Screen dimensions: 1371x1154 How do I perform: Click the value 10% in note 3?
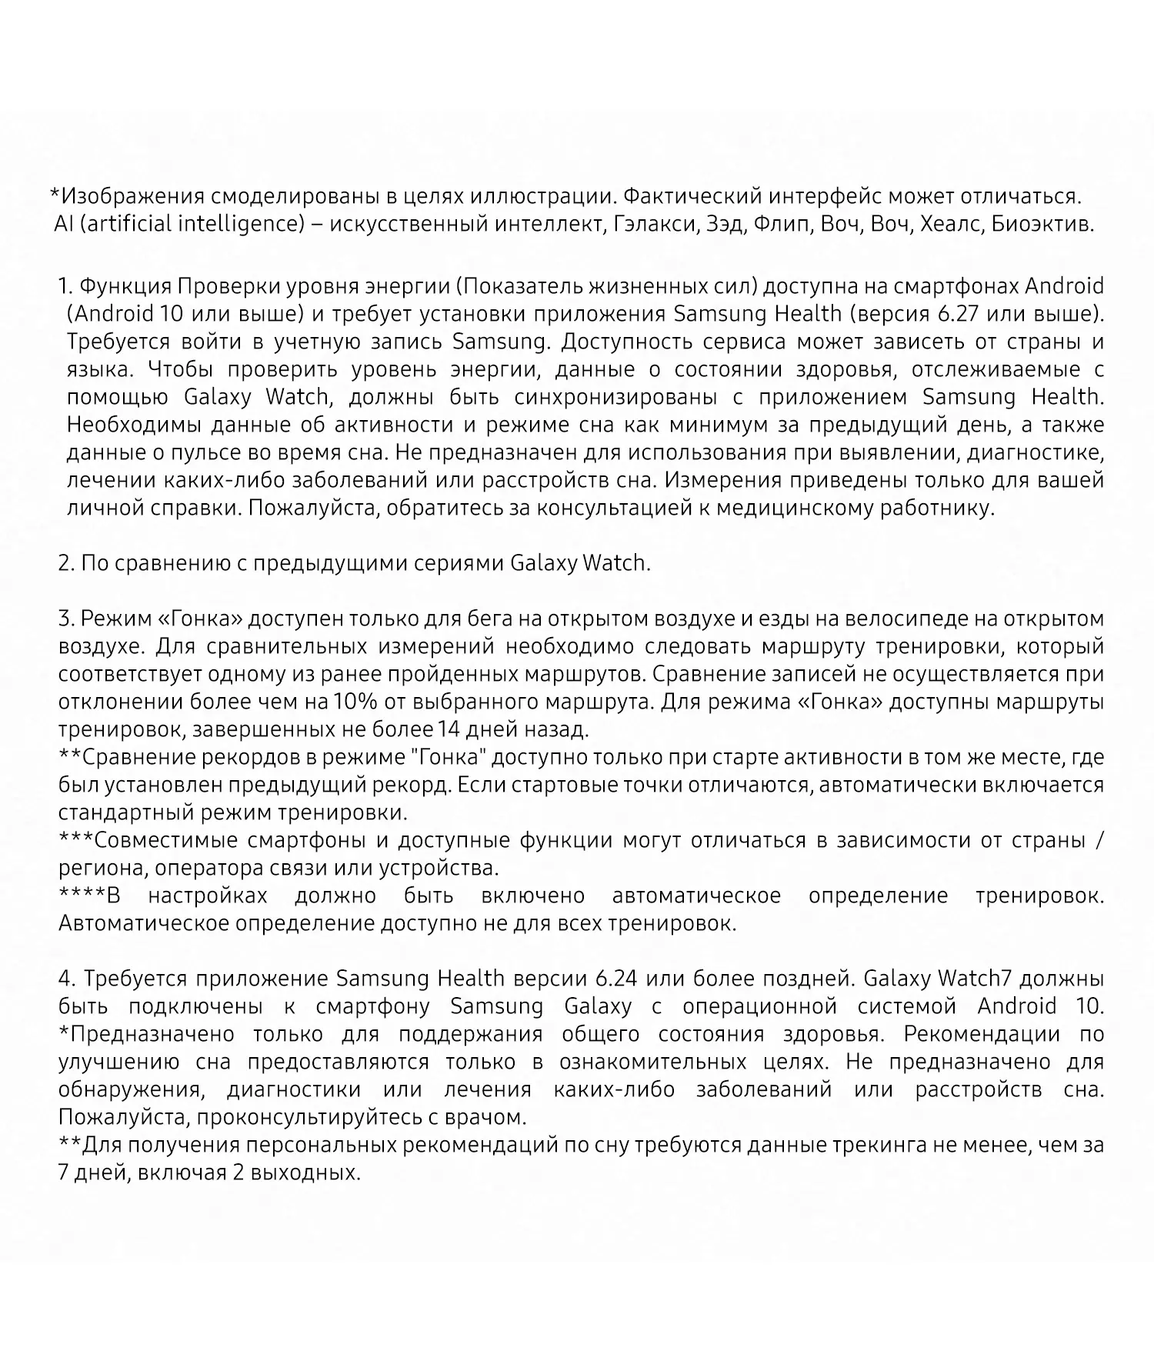point(351,702)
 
